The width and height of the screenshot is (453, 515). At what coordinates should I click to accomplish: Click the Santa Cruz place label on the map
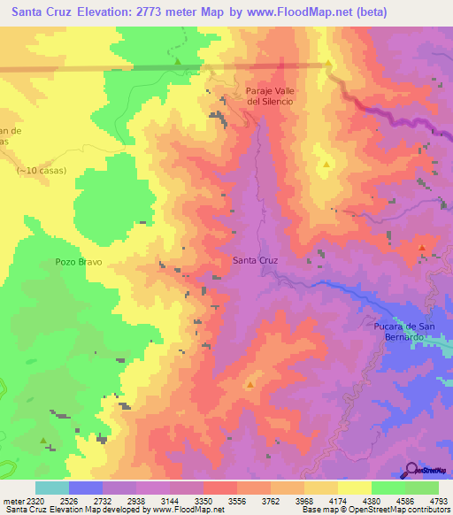point(255,260)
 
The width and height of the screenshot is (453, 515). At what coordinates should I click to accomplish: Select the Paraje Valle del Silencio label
point(270,96)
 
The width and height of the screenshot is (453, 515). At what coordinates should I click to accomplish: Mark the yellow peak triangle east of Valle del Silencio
point(326,164)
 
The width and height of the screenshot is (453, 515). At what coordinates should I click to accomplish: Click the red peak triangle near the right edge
point(422,248)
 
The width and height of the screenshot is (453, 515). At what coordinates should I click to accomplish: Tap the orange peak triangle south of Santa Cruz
point(250,384)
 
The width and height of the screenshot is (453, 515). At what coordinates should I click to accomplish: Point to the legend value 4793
point(437,499)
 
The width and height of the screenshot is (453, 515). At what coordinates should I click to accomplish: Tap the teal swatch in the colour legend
point(51,487)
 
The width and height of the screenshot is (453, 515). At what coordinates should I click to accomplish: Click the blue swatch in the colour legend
point(85,487)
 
